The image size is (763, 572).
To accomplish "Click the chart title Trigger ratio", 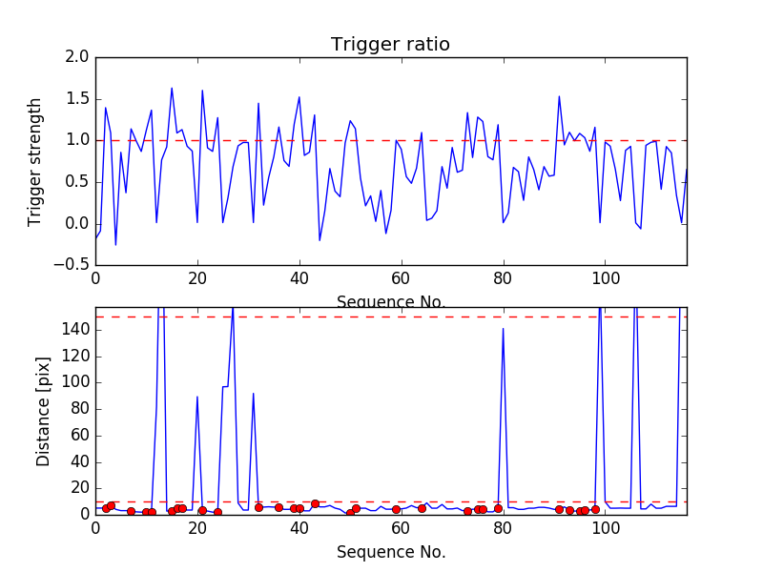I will click(390, 45).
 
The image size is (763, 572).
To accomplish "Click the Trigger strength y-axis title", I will click(35, 161).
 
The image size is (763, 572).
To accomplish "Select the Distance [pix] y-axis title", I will click(43, 412).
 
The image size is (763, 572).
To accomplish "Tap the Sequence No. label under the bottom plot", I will click(391, 552).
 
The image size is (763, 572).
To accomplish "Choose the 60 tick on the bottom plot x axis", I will click(402, 526).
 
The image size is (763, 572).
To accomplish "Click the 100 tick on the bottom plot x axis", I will click(605, 526).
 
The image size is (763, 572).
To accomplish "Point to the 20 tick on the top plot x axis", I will click(197, 278).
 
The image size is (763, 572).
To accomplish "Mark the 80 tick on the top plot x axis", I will click(503, 278).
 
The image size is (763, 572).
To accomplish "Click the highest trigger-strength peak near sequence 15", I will click(172, 89).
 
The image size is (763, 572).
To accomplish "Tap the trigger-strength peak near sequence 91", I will click(559, 96).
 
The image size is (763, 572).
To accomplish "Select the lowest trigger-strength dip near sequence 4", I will click(115, 245).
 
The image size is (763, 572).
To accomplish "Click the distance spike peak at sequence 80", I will click(503, 328).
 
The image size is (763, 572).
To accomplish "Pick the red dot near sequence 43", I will click(315, 503).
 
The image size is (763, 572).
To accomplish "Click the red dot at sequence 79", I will click(498, 508).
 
